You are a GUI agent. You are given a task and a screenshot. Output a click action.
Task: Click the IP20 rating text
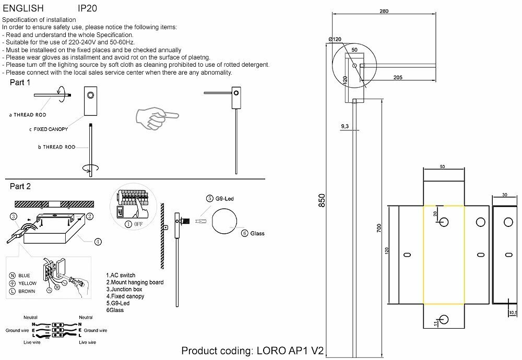click(x=87, y=9)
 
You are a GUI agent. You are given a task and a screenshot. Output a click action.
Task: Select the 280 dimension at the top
click(x=384, y=11)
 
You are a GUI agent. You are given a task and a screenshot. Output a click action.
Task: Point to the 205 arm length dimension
click(x=398, y=78)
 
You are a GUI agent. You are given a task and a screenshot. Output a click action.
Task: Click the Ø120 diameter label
click(x=335, y=39)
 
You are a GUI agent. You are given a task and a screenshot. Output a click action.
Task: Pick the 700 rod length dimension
click(x=379, y=227)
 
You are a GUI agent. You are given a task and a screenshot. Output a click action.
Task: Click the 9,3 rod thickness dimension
click(x=345, y=126)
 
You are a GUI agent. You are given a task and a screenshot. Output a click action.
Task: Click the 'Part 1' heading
click(x=20, y=83)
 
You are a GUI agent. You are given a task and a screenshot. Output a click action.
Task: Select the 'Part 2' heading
click(x=20, y=186)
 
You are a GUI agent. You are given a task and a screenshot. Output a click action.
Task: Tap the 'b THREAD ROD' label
click(x=57, y=148)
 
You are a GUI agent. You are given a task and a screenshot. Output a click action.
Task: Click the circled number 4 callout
click(x=98, y=242)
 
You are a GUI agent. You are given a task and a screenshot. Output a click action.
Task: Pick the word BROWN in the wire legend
click(x=27, y=291)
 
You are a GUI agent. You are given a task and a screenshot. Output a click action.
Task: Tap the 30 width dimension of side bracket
click(x=504, y=195)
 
